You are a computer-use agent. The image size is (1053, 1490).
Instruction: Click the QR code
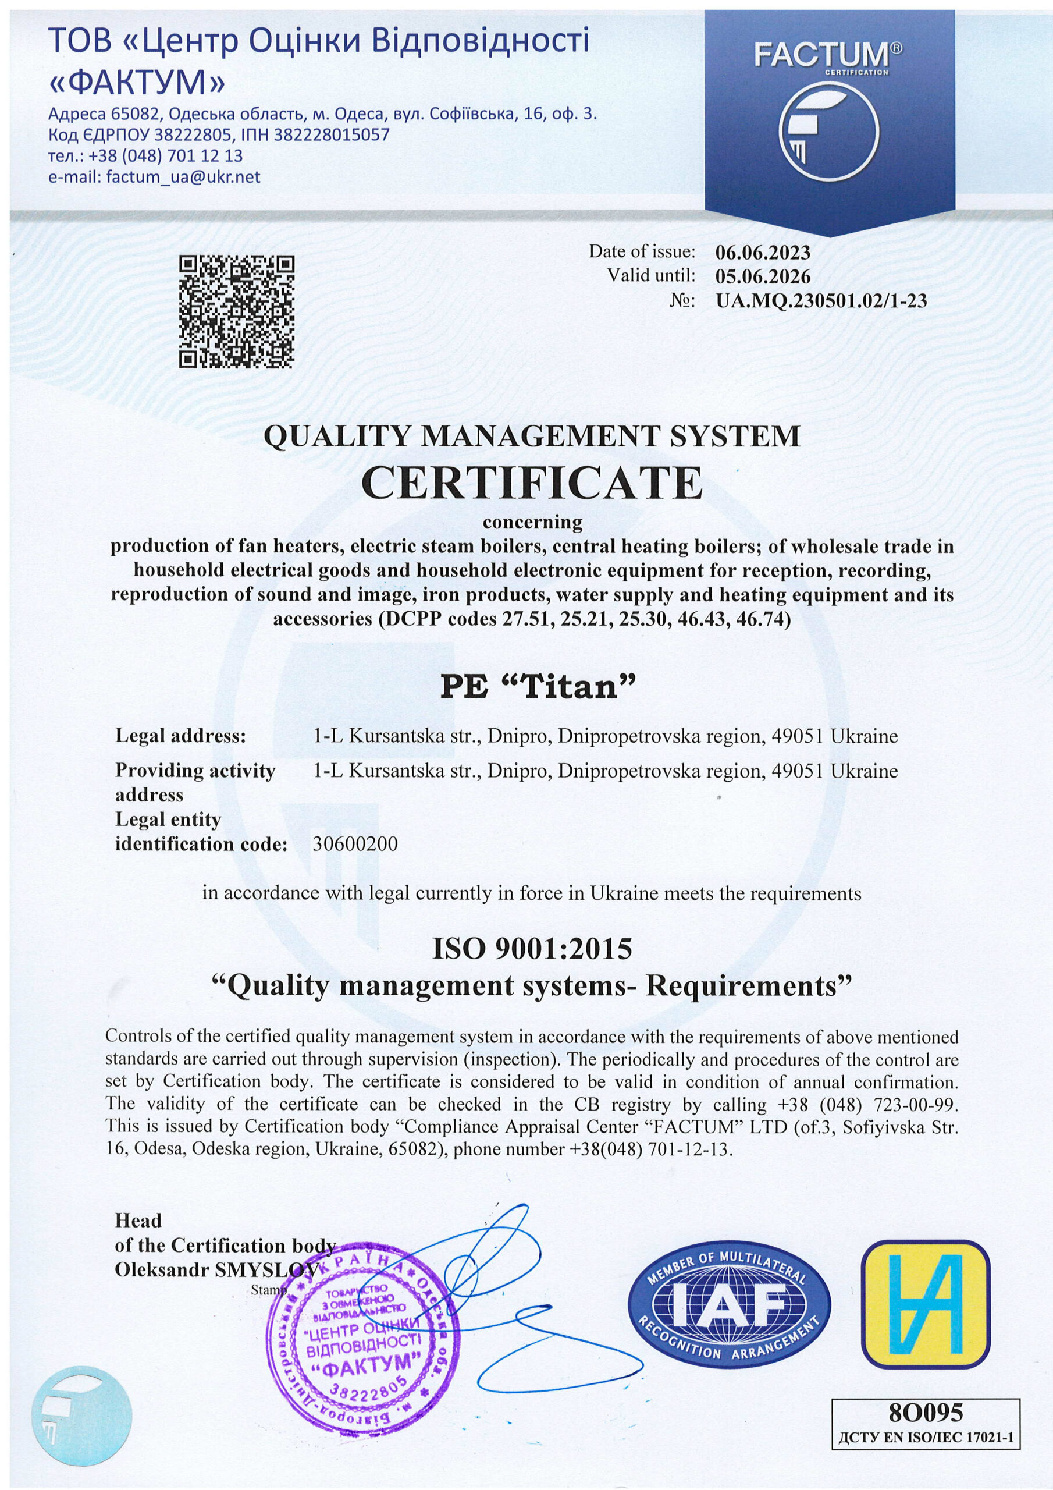[x=236, y=311]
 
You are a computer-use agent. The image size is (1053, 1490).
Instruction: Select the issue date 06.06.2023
[x=763, y=252]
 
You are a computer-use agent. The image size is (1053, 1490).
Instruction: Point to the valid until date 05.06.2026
[x=763, y=276]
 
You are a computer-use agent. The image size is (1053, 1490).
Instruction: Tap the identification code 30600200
[x=355, y=845]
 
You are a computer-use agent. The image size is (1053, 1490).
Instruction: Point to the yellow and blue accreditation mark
[x=926, y=1293]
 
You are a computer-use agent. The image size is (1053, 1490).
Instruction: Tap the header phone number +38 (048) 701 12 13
[x=146, y=157]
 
